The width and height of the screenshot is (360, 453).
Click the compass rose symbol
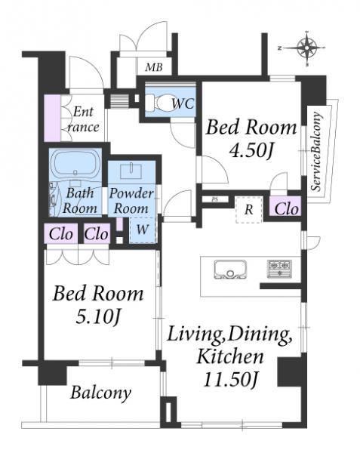point(306,48)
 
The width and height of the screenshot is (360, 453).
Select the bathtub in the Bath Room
point(75,164)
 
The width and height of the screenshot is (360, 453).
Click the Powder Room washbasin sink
point(131,171)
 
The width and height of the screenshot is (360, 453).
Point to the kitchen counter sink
point(230,270)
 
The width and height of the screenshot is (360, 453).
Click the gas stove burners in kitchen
point(279,269)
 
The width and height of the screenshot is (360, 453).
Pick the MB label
point(154,67)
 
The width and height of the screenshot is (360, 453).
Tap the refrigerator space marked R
point(249,209)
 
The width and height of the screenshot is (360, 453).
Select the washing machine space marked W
point(143,230)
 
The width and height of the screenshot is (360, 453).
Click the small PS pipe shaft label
point(214,199)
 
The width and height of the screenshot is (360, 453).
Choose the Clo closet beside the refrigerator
point(286,208)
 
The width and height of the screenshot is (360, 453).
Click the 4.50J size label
point(251,150)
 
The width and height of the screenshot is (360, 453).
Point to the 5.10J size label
point(97,316)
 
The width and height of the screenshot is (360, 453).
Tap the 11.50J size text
point(230,379)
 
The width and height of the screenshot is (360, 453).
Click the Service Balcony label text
point(316,152)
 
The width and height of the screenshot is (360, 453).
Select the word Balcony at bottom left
point(100,393)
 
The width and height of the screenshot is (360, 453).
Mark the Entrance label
point(83,119)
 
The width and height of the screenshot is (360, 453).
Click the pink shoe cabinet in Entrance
point(52,119)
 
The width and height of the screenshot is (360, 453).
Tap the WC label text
point(183,103)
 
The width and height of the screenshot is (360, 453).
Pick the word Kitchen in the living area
point(230,356)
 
